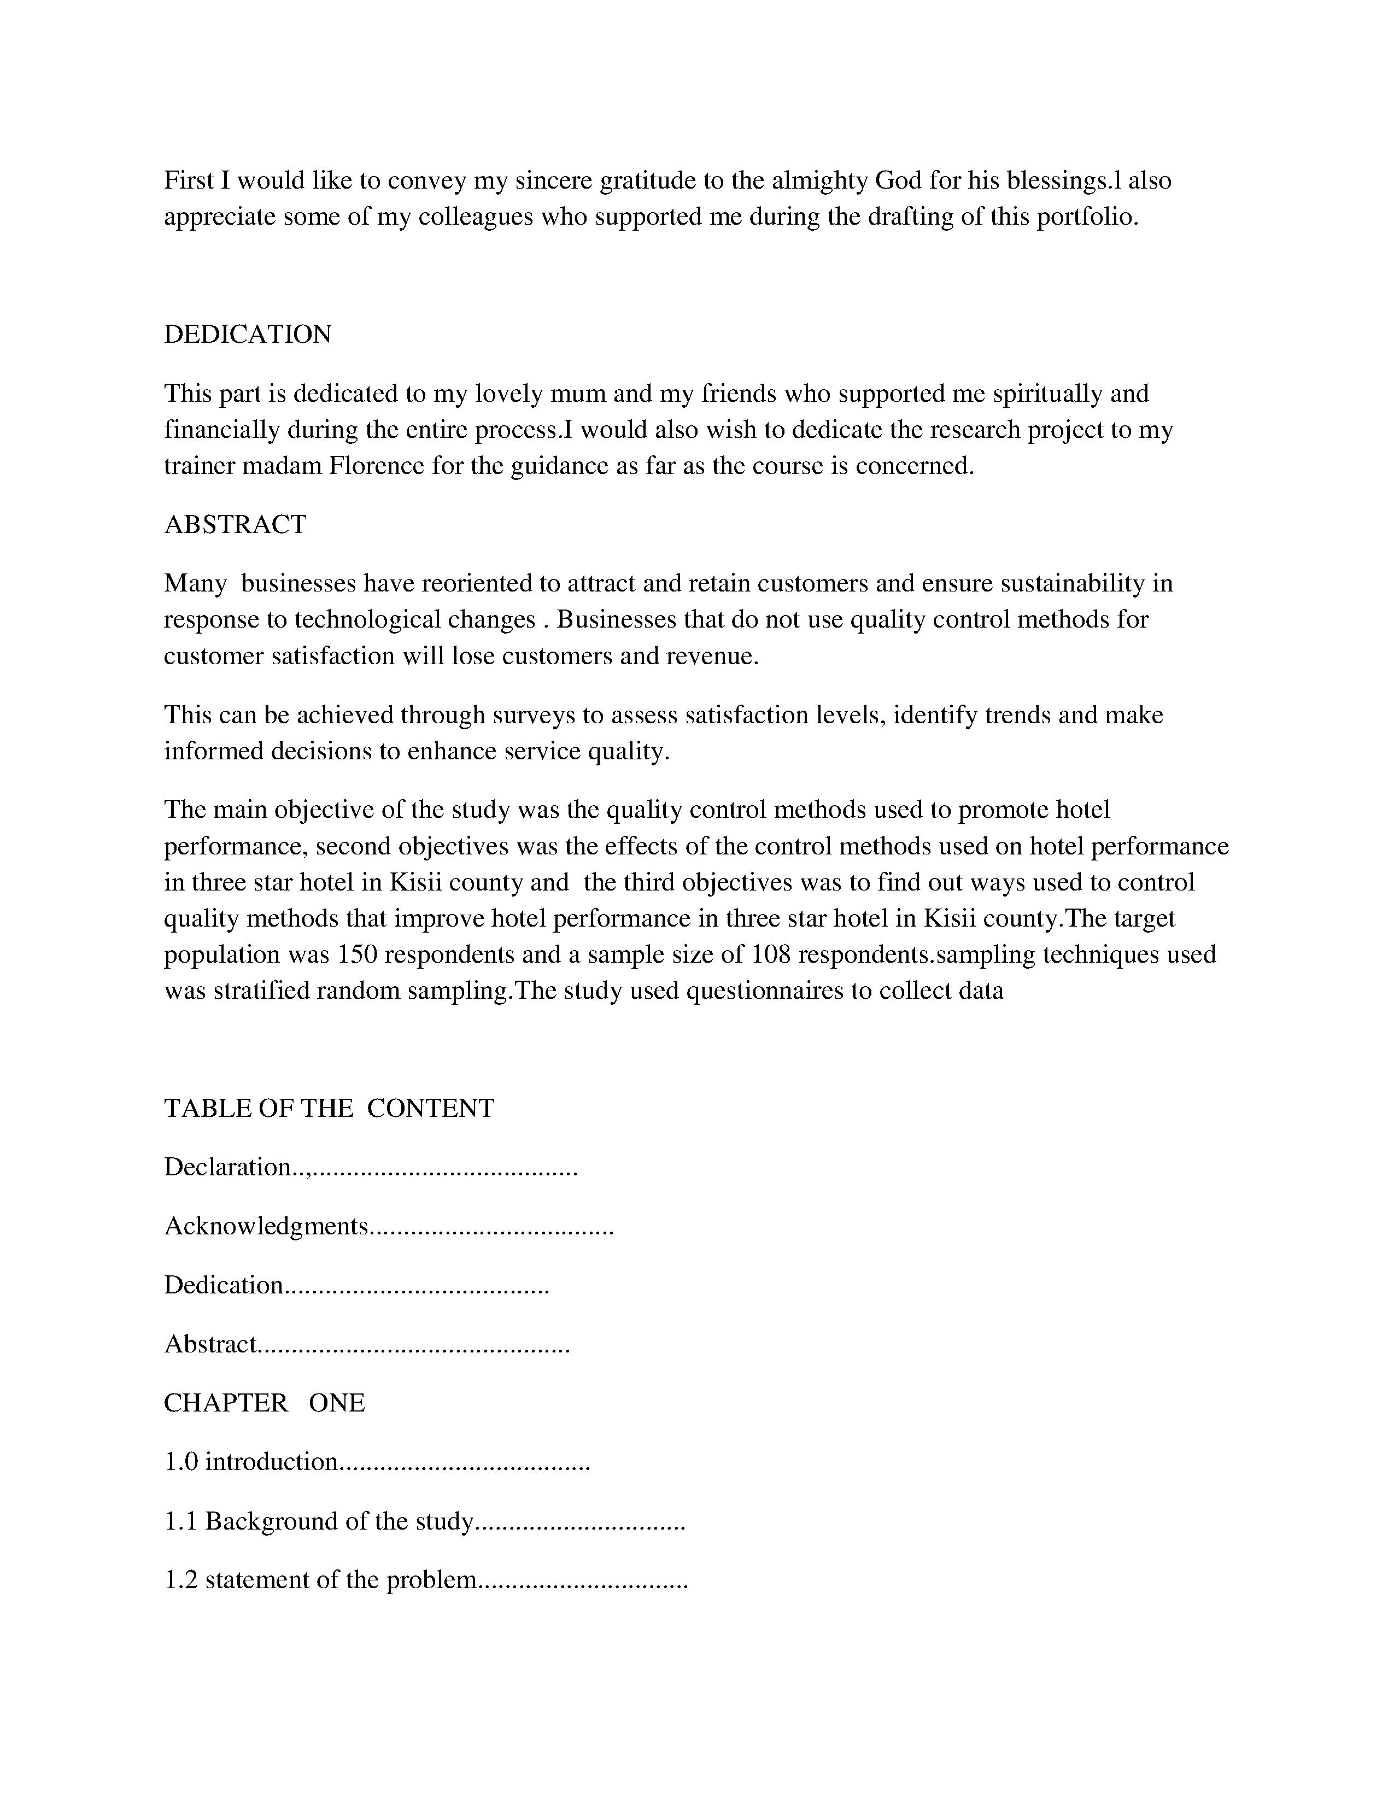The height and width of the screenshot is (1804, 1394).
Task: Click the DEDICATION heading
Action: (x=247, y=335)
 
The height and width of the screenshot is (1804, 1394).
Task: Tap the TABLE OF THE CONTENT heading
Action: (x=329, y=1108)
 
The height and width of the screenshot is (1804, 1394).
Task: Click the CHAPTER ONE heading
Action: (x=264, y=1403)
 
